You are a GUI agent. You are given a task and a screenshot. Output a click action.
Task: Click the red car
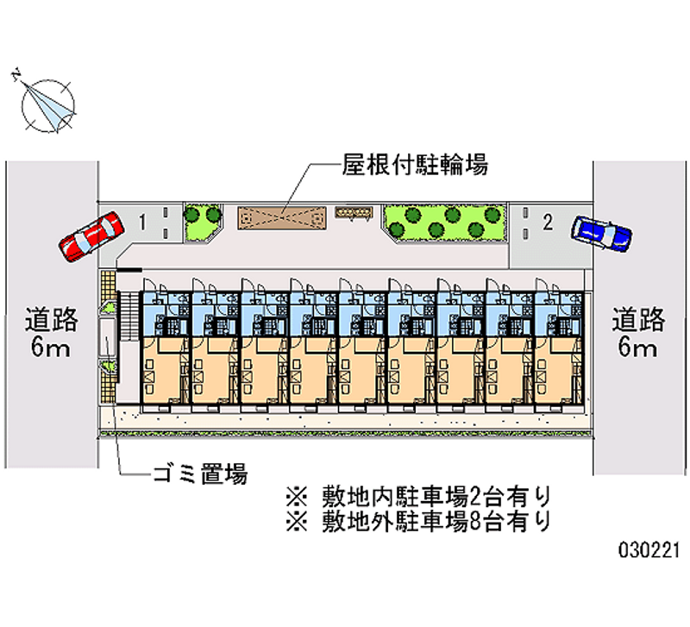coord(90,235)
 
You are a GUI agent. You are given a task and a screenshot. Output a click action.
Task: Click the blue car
coord(601,231)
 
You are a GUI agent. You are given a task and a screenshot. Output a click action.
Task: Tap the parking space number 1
coord(143,223)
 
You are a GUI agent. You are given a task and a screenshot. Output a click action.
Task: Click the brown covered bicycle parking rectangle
coord(282,217)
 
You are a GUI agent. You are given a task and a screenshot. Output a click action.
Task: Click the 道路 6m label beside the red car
coord(52,334)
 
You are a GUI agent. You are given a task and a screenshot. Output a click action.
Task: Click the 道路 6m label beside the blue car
coord(638,334)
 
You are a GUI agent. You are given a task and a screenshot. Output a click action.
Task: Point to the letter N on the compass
coord(16,76)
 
